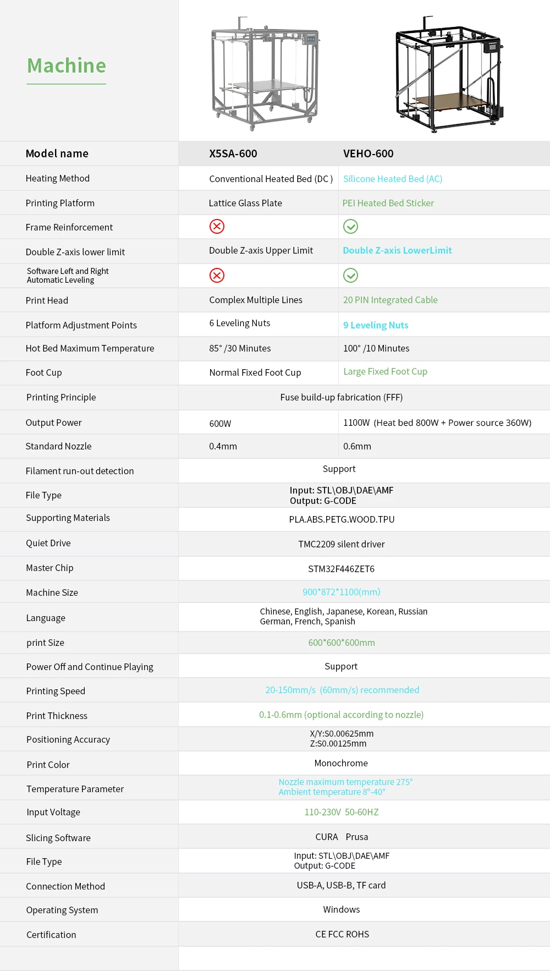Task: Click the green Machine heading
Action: click(67, 66)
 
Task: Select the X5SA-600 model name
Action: click(233, 153)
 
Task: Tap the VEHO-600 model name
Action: click(369, 153)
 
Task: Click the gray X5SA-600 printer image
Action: click(265, 74)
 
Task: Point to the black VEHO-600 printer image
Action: click(449, 74)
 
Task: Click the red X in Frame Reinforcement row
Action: click(217, 226)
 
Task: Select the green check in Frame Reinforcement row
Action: click(350, 226)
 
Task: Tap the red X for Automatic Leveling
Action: click(217, 275)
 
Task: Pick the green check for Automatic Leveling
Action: click(350, 275)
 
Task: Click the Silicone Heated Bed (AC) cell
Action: click(393, 179)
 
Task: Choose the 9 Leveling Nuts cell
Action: click(376, 325)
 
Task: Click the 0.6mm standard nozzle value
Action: click(357, 446)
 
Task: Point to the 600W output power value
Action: click(220, 424)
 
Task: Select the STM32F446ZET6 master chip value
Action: click(341, 569)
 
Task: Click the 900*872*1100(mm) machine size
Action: click(341, 592)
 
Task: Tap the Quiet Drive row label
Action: click(48, 543)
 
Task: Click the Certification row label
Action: click(51, 935)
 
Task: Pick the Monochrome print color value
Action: click(341, 763)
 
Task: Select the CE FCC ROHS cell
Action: click(342, 934)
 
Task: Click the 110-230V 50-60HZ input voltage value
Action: click(342, 812)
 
